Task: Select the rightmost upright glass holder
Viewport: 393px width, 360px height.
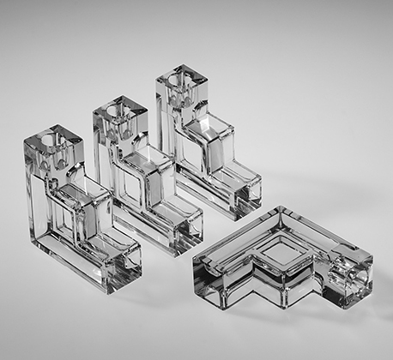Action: (206, 146)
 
